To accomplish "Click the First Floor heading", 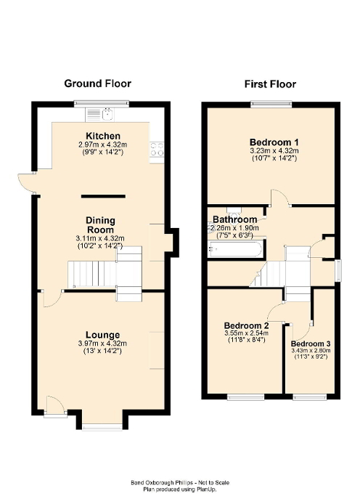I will [x=270, y=84].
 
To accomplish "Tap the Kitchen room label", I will [x=103, y=137].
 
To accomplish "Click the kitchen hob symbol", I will [x=155, y=150].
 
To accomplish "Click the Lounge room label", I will [x=102, y=334].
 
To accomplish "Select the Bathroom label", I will [x=234, y=219].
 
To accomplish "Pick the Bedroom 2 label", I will [x=246, y=325].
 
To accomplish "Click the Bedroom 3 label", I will [x=310, y=343].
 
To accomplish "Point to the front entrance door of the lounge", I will [x=54, y=407].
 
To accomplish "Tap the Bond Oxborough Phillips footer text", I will [x=180, y=482].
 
